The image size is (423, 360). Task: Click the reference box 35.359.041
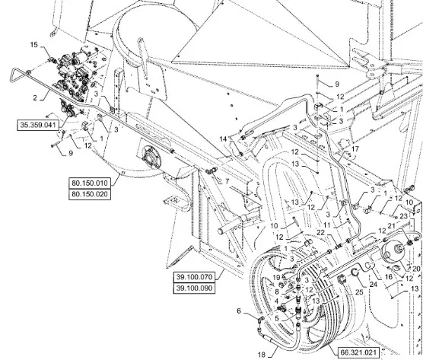pyautogui.click(x=38, y=125)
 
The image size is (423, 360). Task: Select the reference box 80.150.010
pyautogui.click(x=90, y=183)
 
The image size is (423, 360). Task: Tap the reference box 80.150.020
pyautogui.click(x=90, y=194)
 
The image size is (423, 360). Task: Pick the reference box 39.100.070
pyautogui.click(x=195, y=277)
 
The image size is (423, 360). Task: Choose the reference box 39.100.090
pyautogui.click(x=195, y=288)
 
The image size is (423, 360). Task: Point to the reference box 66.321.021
pyautogui.click(x=359, y=352)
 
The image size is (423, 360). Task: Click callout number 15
pyautogui.click(x=34, y=45)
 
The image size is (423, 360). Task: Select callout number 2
pyautogui.click(x=35, y=97)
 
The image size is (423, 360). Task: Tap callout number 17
pyautogui.click(x=355, y=149)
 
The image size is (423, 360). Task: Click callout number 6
pyautogui.click(x=239, y=311)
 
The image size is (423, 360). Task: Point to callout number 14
pyautogui.click(x=224, y=139)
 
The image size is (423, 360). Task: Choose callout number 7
pyautogui.click(x=227, y=181)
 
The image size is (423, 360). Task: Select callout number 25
pyautogui.click(x=359, y=292)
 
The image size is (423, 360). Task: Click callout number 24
pyautogui.click(x=374, y=284)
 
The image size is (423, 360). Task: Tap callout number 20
pyautogui.click(x=416, y=269)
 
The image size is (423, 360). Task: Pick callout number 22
pyautogui.click(x=321, y=232)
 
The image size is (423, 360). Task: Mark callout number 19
pyautogui.click(x=276, y=278)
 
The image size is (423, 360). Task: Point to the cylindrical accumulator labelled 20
pyautogui.click(x=394, y=253)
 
